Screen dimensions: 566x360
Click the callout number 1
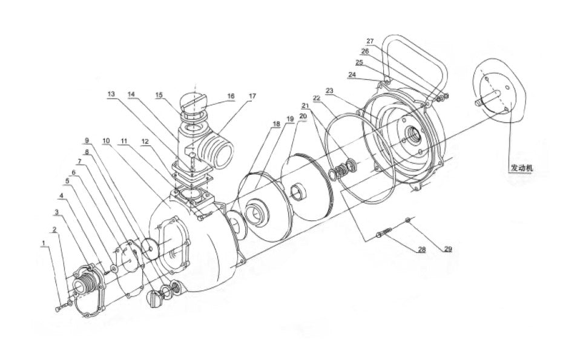click(44, 243)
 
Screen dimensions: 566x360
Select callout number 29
click(447, 249)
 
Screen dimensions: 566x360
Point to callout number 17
click(252, 96)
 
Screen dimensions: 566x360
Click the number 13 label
click(111, 94)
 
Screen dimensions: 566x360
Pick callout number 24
click(352, 74)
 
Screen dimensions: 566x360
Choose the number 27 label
click(370, 41)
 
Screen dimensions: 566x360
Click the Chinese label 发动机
click(522, 168)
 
